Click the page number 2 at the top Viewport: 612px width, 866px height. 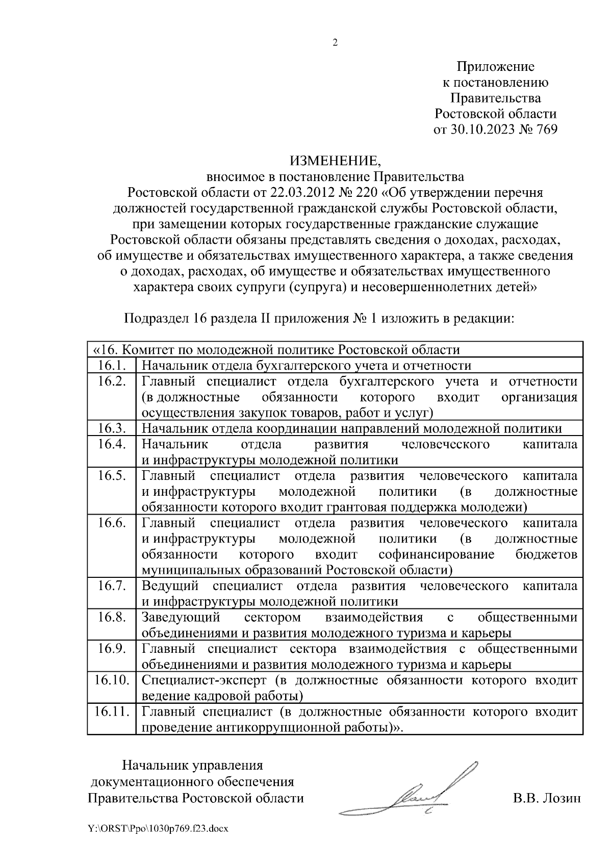(x=335, y=43)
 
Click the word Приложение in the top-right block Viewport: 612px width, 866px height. (x=495, y=67)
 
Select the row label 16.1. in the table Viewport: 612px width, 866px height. (x=112, y=365)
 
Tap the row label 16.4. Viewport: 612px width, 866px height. (x=112, y=444)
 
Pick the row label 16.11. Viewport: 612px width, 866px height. (x=112, y=711)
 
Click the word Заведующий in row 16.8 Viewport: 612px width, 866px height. (x=181, y=617)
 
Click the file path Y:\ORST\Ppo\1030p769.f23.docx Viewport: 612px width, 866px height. (x=158, y=829)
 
